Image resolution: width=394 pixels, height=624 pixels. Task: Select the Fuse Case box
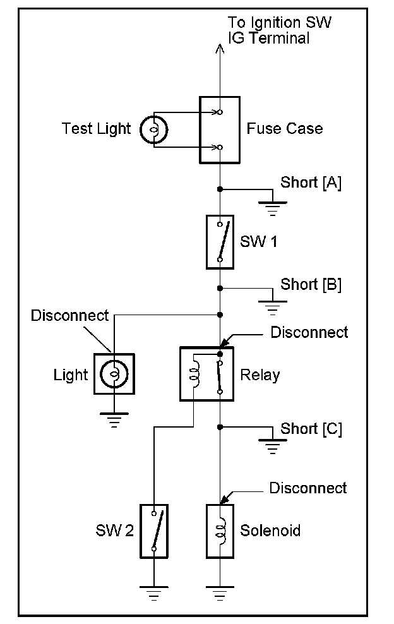(219, 129)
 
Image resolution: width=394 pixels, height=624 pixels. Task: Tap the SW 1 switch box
(219, 242)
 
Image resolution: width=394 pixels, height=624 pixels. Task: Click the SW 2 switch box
(154, 531)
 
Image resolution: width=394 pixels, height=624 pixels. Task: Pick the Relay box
(206, 373)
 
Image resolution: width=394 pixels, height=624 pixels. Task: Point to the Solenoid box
(220, 531)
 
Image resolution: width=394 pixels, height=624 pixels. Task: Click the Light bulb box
(114, 374)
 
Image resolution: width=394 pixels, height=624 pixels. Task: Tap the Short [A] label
(310, 183)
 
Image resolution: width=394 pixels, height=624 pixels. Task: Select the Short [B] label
(311, 284)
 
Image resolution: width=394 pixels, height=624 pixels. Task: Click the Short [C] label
(311, 429)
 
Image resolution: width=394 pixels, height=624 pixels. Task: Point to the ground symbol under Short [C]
(272, 448)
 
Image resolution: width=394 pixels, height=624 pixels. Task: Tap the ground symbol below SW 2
(154, 593)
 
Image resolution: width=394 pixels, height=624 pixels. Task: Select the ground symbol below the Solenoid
(219, 593)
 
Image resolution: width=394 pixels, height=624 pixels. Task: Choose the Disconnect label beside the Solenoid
(307, 488)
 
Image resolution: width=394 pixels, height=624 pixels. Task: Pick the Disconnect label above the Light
(69, 315)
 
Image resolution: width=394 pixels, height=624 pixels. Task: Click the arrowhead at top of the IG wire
(218, 49)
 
